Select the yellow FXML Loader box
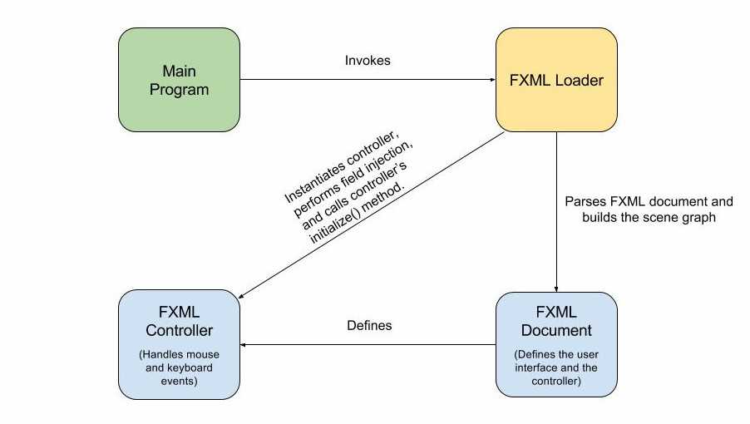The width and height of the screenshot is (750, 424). (556, 80)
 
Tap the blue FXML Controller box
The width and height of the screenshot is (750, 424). (179, 344)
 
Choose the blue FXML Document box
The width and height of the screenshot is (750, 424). (556, 344)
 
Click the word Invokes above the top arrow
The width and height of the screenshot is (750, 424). (367, 62)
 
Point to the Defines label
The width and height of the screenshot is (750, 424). (368, 325)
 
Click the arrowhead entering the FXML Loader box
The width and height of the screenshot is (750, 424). (491, 81)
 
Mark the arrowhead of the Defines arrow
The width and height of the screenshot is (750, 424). (244, 344)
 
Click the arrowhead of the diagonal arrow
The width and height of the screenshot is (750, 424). (243, 297)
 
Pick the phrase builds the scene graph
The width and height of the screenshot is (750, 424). (648, 219)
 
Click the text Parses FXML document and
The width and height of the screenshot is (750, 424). (648, 202)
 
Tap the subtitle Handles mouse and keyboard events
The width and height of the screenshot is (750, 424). (179, 368)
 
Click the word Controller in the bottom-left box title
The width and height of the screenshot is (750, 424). (179, 330)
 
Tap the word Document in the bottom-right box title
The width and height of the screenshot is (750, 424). (556, 330)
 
